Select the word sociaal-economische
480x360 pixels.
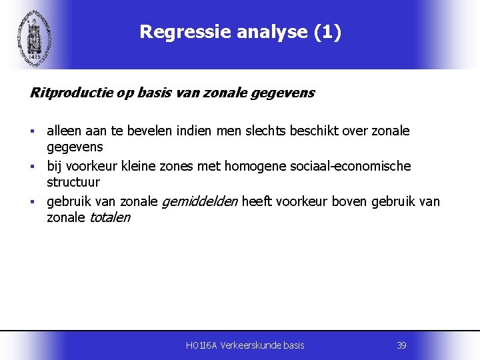point(351,166)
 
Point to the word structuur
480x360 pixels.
point(73,182)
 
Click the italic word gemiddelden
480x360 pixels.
point(200,201)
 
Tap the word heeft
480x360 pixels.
point(257,201)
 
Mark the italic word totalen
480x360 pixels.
point(109,217)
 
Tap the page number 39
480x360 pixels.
point(401,345)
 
